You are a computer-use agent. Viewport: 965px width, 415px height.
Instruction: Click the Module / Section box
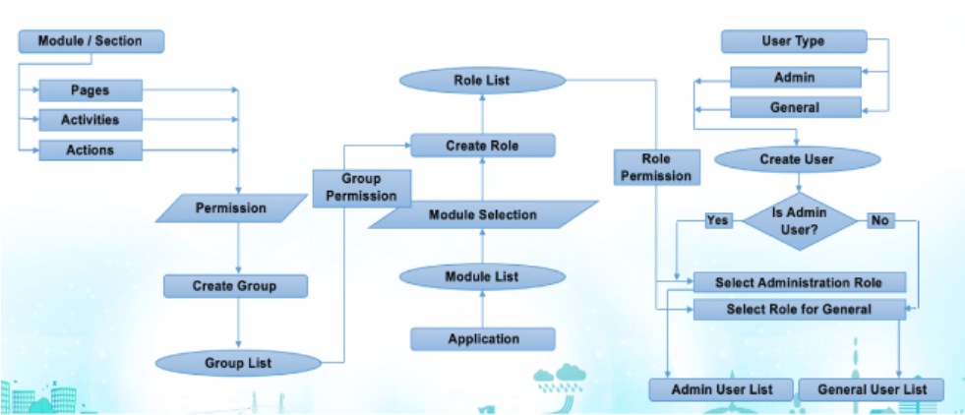coord(90,41)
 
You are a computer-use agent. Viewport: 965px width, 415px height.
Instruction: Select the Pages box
coord(90,90)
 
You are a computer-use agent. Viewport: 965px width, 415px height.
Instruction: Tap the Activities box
coord(90,120)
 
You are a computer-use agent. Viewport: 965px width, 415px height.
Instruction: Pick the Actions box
coord(90,150)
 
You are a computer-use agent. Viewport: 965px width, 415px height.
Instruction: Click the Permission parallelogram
coord(231,208)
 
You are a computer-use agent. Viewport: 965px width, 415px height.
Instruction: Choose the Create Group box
coord(235,286)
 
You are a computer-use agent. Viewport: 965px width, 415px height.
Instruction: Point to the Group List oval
coord(238,363)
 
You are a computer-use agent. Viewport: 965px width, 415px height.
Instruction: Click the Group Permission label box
coord(361,187)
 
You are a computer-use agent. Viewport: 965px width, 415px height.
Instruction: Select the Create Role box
coord(482,146)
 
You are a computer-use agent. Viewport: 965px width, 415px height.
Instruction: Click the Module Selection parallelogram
coord(483,214)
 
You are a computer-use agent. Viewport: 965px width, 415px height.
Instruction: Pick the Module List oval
coord(482,276)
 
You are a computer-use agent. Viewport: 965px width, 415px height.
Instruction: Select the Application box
coord(483,339)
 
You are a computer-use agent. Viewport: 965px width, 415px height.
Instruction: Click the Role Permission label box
coord(656,167)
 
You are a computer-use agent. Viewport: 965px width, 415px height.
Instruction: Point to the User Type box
coord(793,41)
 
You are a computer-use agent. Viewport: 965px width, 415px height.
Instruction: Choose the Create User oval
coord(796,159)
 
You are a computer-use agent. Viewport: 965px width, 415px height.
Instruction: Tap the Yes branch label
coord(718,220)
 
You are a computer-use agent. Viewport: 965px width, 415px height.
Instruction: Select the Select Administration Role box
coord(797,282)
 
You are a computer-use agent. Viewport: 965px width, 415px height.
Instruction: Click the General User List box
coord(872,389)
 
